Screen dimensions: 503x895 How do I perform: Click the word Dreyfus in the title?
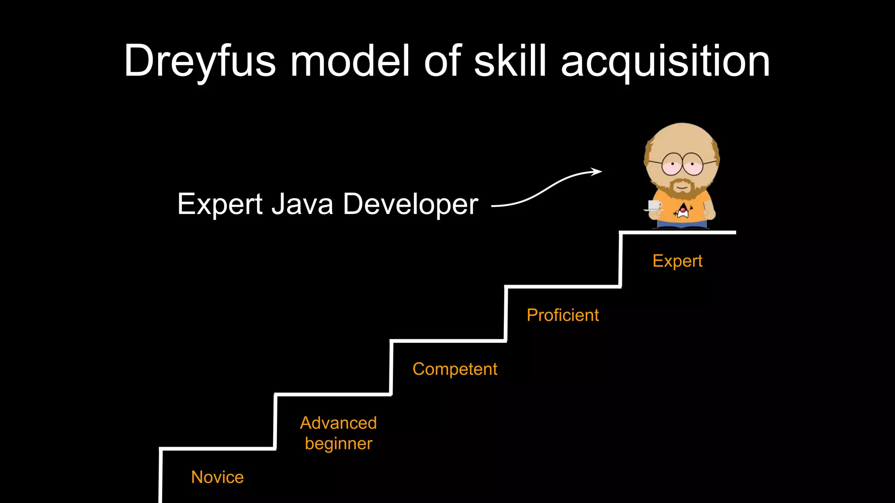(200, 62)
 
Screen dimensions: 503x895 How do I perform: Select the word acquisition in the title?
(665, 62)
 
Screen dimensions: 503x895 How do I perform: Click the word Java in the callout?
(302, 204)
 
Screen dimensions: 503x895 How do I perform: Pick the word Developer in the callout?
(410, 204)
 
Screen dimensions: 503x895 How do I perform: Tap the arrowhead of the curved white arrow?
(597, 172)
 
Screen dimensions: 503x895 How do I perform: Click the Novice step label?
(217, 477)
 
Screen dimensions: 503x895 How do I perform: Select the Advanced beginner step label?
(338, 433)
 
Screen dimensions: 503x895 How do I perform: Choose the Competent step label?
(454, 369)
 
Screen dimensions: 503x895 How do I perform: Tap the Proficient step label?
(562, 315)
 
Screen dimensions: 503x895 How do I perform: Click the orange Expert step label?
(677, 261)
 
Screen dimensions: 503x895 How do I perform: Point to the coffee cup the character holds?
(654, 205)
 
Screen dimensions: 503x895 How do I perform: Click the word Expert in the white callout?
(220, 204)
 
